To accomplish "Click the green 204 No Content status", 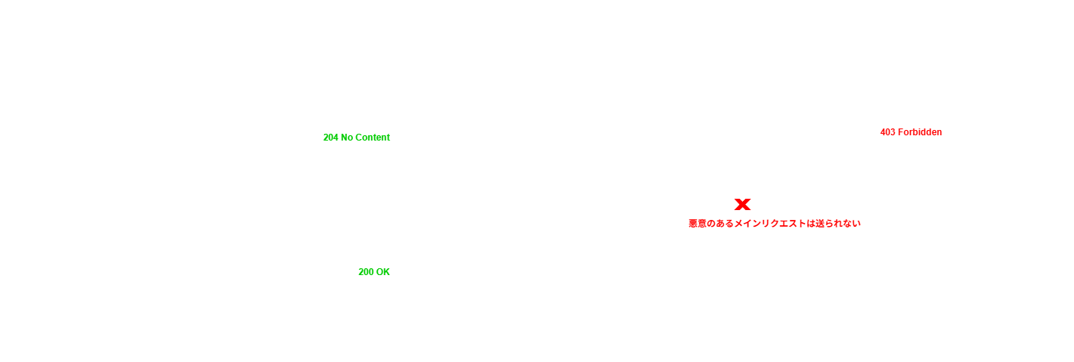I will [356, 138].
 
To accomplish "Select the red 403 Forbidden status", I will [911, 132].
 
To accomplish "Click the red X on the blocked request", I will [742, 204].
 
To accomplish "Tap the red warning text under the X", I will [774, 224].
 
